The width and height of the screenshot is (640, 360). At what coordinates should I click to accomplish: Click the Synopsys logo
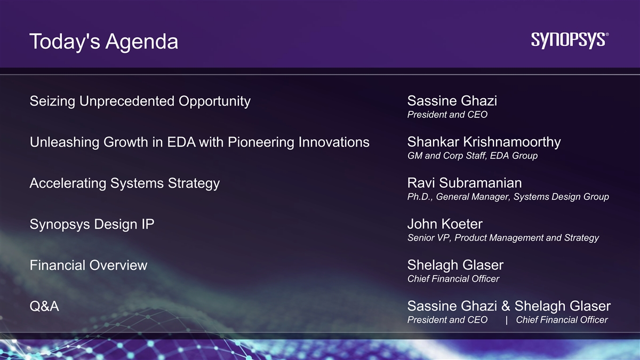click(570, 41)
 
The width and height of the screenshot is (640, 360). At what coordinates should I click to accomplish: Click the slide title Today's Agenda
click(103, 42)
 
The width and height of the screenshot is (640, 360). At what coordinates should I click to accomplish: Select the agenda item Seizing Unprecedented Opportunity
click(140, 101)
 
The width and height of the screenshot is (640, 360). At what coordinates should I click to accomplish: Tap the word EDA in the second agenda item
click(181, 142)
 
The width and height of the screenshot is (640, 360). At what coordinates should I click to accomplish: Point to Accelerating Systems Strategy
click(125, 183)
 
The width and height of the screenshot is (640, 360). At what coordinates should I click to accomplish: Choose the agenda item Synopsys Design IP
click(92, 225)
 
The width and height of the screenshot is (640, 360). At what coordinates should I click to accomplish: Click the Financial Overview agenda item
click(89, 265)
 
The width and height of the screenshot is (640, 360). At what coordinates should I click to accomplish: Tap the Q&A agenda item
click(44, 306)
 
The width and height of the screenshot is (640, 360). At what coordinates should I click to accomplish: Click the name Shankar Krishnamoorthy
click(484, 142)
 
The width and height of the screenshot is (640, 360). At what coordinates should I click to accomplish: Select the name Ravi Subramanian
click(465, 183)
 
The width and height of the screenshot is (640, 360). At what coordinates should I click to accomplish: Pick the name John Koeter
click(445, 224)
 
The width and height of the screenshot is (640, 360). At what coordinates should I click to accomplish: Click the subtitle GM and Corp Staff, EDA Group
click(473, 156)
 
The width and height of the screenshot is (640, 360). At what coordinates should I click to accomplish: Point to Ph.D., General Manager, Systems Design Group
click(508, 197)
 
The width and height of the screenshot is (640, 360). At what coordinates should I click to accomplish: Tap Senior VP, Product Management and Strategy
click(503, 238)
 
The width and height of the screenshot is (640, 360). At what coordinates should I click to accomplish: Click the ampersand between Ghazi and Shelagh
click(506, 306)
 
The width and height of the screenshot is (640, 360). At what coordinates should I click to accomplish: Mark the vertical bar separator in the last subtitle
click(507, 320)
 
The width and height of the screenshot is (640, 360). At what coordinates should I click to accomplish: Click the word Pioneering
click(261, 142)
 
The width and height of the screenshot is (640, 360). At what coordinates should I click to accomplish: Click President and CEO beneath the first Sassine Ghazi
click(447, 115)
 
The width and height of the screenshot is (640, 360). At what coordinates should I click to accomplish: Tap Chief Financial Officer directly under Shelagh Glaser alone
click(453, 279)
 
